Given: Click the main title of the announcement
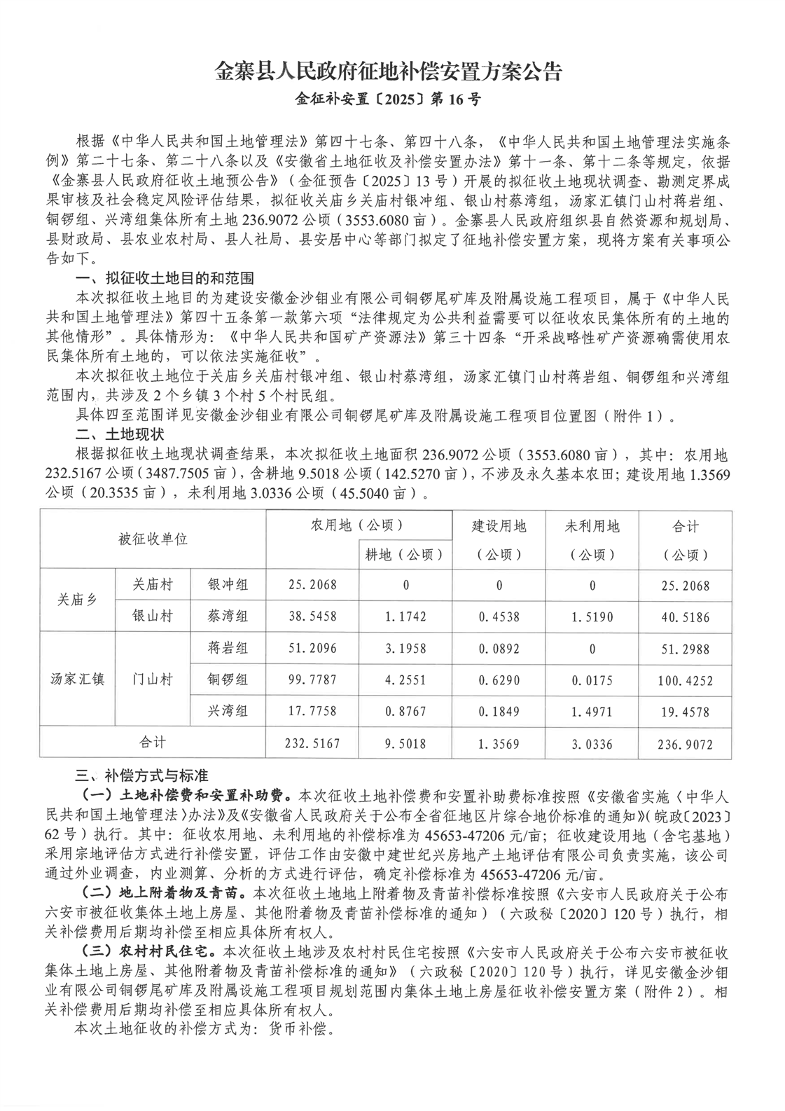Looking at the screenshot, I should coord(389,72).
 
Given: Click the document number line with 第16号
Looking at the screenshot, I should coord(389,99).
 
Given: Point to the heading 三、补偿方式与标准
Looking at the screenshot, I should coord(141,775).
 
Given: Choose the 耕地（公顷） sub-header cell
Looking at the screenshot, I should coord(404,554).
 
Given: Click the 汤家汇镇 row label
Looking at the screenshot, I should coord(77,679).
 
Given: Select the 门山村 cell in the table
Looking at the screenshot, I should coord(152,679).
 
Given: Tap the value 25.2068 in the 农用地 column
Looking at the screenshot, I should coord(312,586).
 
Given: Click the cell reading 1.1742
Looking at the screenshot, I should coord(404,617).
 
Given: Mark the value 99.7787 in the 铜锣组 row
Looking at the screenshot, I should coord(312,679).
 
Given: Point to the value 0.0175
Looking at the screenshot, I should coord(592,679).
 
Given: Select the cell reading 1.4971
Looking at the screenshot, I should coord(592,712).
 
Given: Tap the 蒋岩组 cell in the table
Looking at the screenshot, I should coord(228,648).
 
